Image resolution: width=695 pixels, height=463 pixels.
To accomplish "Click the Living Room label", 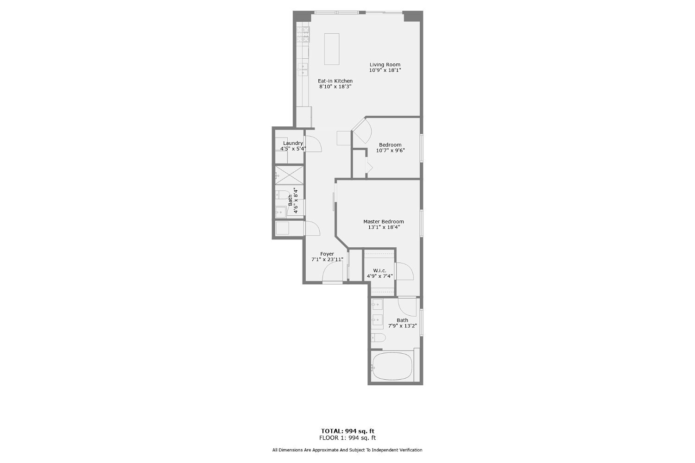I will coord(385,65).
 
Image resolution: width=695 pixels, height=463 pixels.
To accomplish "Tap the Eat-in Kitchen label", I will coord(335,81).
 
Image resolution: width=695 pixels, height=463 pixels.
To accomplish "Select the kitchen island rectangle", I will coord(331,49).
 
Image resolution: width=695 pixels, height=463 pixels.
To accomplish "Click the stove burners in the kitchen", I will coord(303,34).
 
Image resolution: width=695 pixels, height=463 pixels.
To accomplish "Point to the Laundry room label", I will coord(293,143).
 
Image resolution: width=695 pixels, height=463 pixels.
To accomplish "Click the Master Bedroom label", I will coord(383,222).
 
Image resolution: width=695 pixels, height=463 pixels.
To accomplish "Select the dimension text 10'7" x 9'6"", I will coord(390,150).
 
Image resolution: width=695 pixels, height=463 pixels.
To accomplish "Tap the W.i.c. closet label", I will coord(379,270).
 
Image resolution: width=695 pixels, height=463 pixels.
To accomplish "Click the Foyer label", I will coord(327,254).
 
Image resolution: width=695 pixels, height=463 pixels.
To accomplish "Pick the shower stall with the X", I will coord(289,175).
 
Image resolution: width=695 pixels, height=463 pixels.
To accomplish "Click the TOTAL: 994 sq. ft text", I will coord(347,431).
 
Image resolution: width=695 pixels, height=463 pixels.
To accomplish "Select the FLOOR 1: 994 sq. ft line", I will coord(347,438).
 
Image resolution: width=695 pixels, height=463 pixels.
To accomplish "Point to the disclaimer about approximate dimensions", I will coord(347,450).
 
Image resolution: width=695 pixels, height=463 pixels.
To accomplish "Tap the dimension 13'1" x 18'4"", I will coord(384,227).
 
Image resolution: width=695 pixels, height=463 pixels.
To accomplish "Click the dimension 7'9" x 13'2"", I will coord(403,326).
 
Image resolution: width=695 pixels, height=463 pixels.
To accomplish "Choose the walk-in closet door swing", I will coord(404,271).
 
